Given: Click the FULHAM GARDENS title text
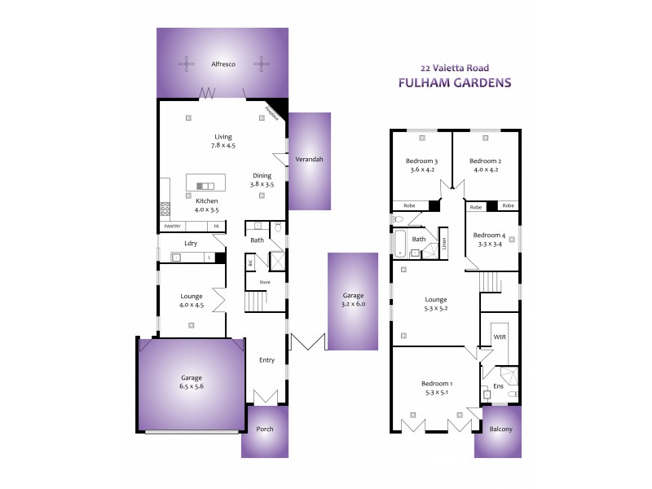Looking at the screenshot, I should click(x=454, y=82).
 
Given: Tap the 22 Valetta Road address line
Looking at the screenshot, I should click(x=454, y=68).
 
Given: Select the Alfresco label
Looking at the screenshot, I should click(x=223, y=64).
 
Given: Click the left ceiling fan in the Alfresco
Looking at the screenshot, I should click(x=187, y=64).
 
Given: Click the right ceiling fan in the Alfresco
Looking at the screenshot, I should click(x=260, y=64).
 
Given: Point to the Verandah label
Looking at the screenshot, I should click(x=310, y=159).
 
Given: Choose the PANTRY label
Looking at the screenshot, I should click(x=172, y=226).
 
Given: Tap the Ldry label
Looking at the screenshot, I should click(x=191, y=243).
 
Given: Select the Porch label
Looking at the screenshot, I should click(x=265, y=429).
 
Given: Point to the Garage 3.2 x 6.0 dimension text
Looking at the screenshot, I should click(x=353, y=305).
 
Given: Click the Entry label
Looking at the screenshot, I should click(x=267, y=359).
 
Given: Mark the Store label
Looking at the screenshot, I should click(x=265, y=282).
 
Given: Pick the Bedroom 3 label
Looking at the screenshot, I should click(x=422, y=161).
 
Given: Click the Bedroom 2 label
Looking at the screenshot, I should click(x=484, y=161).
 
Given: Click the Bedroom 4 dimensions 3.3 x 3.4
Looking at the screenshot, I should click(x=490, y=244).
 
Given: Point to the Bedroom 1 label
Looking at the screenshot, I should click(x=437, y=383).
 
